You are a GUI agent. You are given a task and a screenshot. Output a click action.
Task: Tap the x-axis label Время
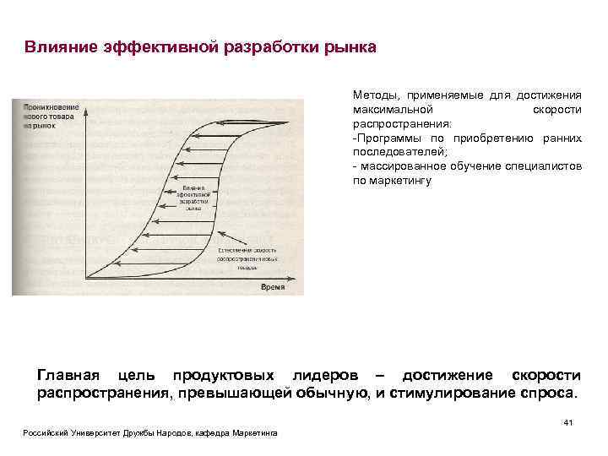[272, 288]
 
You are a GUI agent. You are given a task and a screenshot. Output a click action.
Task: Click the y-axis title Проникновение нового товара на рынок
[51, 115]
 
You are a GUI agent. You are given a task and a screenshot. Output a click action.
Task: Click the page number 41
[567, 422]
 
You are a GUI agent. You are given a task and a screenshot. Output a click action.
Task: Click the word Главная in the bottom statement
[68, 375]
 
